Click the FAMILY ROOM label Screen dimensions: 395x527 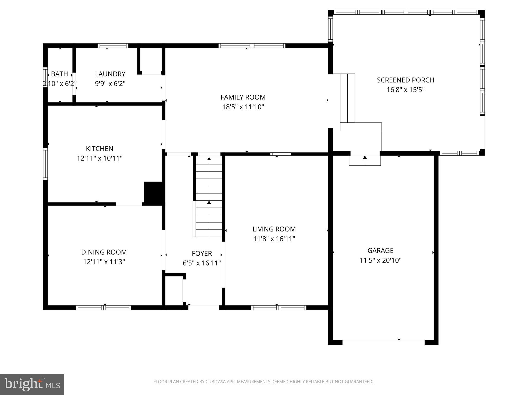tap(243, 97)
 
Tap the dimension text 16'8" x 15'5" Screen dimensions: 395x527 tap(405, 90)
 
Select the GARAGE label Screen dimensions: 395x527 tap(380, 250)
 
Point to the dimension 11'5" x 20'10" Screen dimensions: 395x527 tap(380, 261)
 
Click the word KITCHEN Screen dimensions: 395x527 tap(100, 149)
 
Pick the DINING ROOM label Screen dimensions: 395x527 tap(104, 252)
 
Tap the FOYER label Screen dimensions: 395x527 tap(202, 254)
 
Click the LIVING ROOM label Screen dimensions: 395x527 tap(274, 229)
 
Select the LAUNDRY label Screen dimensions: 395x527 tap(110, 74)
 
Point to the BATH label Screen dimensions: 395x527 tap(59, 74)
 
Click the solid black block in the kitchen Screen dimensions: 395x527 tap(153, 193)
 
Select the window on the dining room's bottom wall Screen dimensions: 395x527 tap(103, 308)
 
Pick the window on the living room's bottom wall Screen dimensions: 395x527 tap(279, 308)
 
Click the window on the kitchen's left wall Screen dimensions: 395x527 tap(45, 164)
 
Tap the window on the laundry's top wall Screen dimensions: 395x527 tap(113, 46)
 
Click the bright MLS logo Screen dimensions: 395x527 tap(32, 384)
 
